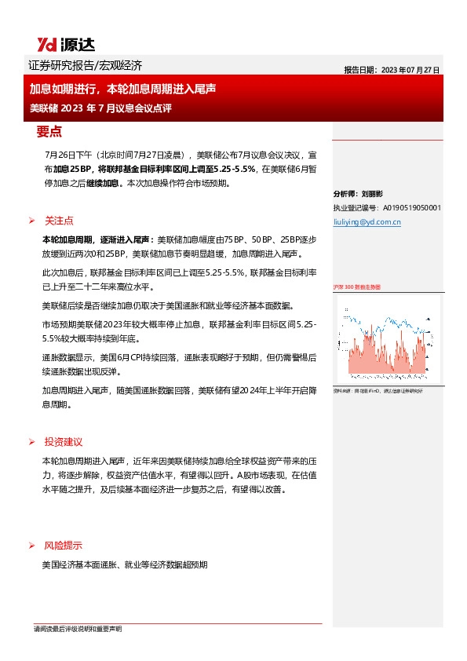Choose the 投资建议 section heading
click(x=64, y=442)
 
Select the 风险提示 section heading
click(x=64, y=546)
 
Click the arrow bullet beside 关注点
click(x=31, y=221)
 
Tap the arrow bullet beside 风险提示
click(x=31, y=546)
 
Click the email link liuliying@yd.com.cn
click(x=367, y=222)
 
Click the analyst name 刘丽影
click(x=372, y=193)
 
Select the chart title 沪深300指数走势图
click(x=357, y=288)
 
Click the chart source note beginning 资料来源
click(x=375, y=389)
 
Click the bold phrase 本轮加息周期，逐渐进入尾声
click(x=98, y=239)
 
